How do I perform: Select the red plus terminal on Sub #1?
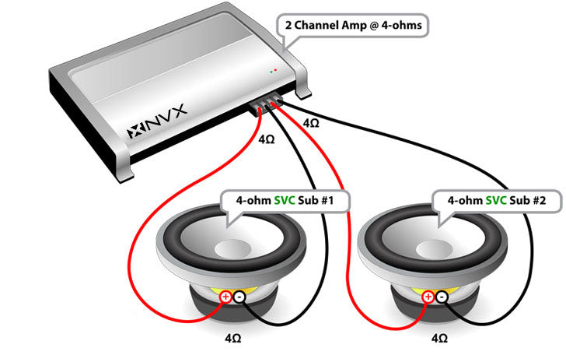click(x=225, y=297)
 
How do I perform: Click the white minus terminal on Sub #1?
click(x=239, y=297)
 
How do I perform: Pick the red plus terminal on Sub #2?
click(x=428, y=297)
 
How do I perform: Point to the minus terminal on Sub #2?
click(x=442, y=297)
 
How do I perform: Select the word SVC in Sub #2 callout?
click(x=494, y=200)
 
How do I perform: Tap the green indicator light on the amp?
click(x=270, y=72)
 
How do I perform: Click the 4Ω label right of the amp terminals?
click(x=309, y=123)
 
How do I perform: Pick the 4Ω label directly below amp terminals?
click(x=266, y=139)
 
